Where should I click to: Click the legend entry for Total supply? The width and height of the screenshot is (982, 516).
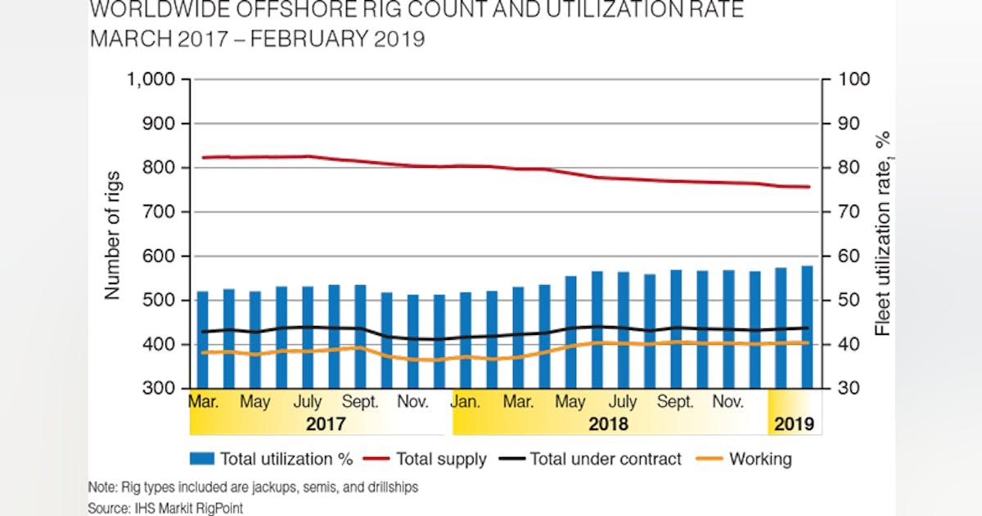point(441,459)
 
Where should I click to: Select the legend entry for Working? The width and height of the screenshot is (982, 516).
point(759,459)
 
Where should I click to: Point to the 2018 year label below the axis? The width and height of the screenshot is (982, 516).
point(609,424)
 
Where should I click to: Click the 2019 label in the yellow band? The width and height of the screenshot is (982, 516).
point(795,424)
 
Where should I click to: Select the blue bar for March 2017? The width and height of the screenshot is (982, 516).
point(203,339)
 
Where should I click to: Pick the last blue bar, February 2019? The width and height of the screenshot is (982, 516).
point(807,327)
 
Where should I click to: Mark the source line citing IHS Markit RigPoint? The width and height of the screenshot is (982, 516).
point(165,508)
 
